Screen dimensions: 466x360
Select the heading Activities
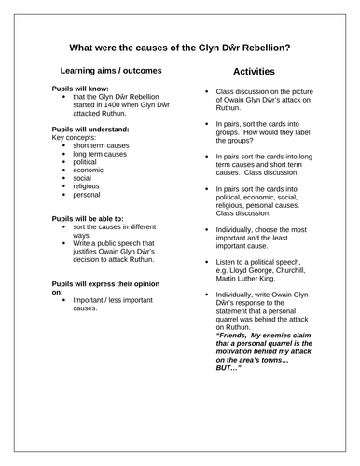coord(256,71)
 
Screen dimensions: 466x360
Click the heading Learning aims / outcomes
coord(110,71)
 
